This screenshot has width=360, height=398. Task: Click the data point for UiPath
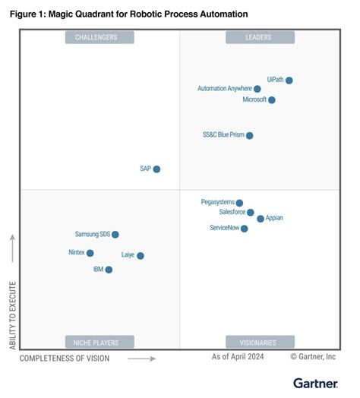[289, 80]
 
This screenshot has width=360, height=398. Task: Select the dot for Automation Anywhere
[257, 89]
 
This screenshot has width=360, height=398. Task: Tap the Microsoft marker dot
[272, 99]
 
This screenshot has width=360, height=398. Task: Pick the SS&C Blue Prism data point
[250, 135]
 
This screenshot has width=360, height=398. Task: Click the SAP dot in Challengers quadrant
[156, 169]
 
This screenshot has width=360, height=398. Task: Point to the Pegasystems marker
[239, 203]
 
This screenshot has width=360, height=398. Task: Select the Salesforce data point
[251, 213]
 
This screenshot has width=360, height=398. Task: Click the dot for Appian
[261, 219]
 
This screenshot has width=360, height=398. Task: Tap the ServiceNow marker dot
[244, 229]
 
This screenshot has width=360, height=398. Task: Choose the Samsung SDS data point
[115, 235]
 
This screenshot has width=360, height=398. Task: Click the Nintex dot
[90, 253]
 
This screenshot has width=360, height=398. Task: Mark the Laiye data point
[141, 255]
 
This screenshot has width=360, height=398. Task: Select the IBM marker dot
[109, 270]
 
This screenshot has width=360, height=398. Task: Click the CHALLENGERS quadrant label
[99, 37]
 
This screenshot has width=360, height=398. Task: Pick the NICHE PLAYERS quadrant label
[99, 342]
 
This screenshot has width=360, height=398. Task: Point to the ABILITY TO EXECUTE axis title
[12, 315]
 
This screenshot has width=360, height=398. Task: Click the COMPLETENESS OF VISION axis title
[65, 358]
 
